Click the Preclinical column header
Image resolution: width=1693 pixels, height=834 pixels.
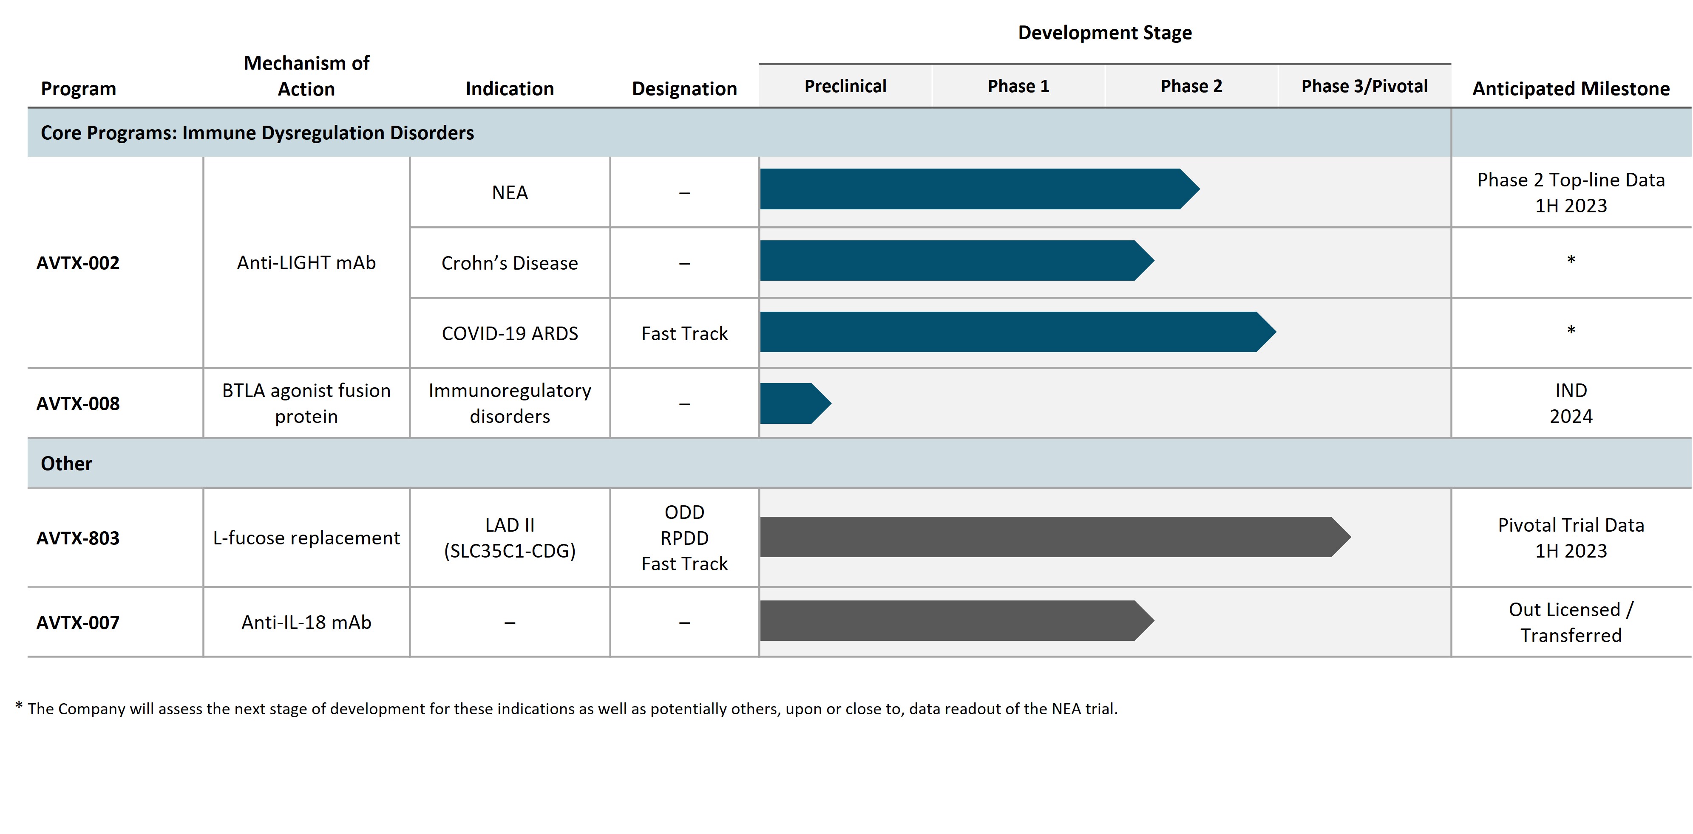coord(845,86)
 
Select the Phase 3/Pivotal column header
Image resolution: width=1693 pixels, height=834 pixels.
coord(1364,86)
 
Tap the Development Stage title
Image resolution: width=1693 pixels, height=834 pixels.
coord(1104,33)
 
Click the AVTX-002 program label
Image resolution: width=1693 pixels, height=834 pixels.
coord(77,263)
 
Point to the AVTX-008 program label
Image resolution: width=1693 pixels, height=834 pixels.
coord(77,403)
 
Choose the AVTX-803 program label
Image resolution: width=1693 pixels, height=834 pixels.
coord(77,538)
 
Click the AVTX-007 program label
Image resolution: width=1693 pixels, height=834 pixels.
coord(77,622)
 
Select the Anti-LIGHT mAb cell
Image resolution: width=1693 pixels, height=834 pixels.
coord(306,263)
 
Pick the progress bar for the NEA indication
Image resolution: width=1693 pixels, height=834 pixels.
coord(973,189)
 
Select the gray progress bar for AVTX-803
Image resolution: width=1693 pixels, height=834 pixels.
coord(1052,537)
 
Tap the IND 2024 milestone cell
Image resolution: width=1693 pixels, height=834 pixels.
coord(1571,403)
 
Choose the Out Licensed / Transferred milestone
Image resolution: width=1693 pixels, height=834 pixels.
coord(1571,622)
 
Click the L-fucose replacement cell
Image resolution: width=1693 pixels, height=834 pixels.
coord(306,538)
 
